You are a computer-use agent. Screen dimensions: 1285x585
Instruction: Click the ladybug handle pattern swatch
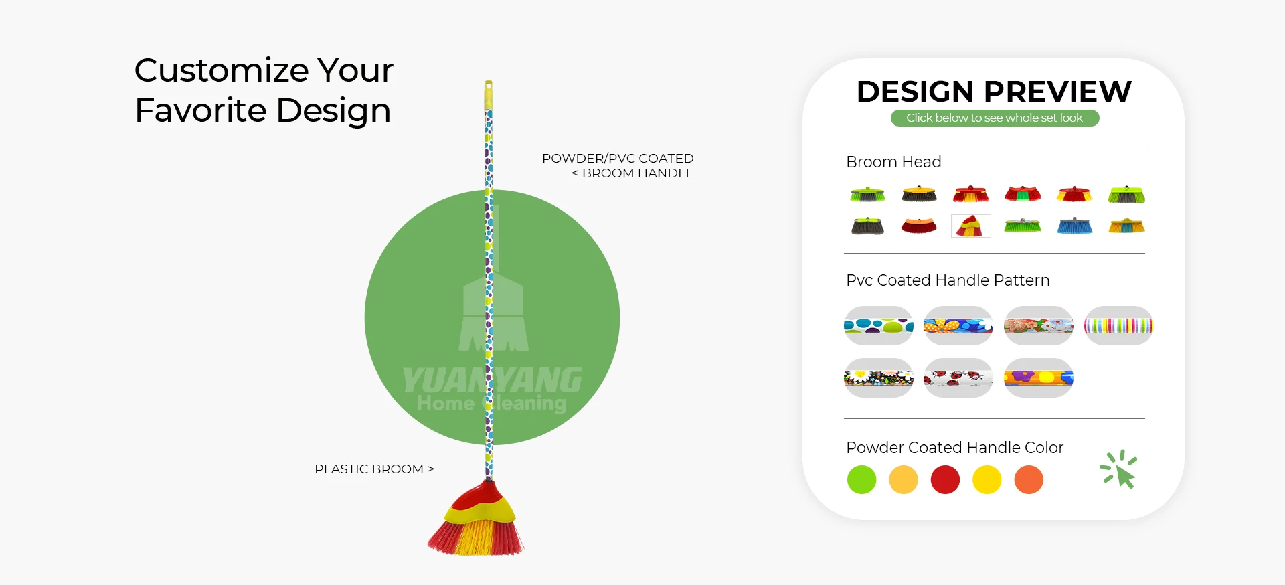(x=958, y=378)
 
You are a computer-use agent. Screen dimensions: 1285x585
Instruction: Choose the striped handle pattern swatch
(x=1118, y=326)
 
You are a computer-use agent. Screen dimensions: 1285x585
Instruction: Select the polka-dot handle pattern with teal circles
(x=879, y=326)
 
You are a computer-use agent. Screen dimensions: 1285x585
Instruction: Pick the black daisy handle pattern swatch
(x=879, y=378)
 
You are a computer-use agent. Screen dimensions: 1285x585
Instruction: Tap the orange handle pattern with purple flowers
(x=1039, y=378)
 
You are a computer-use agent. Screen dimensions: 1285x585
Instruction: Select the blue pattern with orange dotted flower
(x=958, y=326)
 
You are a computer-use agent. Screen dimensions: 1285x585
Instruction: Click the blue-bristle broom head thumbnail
(x=1075, y=226)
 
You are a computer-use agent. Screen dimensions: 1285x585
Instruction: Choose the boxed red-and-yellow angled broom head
(x=971, y=226)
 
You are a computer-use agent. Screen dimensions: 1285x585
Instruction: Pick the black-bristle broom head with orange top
(x=919, y=194)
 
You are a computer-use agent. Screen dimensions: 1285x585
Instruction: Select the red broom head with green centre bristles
(x=1023, y=194)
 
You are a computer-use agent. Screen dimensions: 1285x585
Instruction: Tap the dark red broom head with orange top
(x=919, y=226)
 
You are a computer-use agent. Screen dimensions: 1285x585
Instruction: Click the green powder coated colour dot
(x=861, y=480)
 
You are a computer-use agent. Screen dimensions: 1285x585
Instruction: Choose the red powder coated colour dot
(x=945, y=480)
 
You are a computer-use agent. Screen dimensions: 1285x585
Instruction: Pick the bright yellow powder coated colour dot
(x=987, y=480)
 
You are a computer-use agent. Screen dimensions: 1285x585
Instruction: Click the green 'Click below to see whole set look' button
(x=995, y=118)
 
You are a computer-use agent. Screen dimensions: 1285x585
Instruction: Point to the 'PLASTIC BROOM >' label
(x=374, y=469)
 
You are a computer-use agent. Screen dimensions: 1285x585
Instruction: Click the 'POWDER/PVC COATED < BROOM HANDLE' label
(x=618, y=165)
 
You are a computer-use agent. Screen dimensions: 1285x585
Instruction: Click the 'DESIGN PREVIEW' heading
(x=994, y=91)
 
